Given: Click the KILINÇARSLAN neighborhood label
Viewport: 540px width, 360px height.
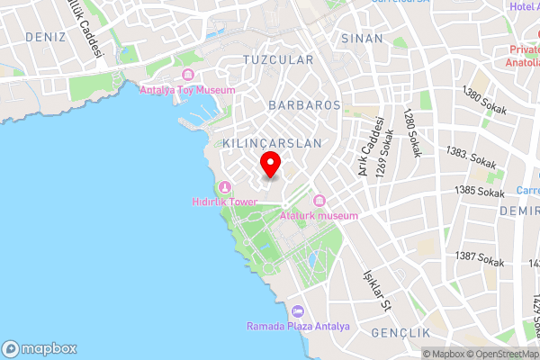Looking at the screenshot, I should (265, 143).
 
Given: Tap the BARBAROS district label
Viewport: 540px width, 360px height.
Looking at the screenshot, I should (304, 105).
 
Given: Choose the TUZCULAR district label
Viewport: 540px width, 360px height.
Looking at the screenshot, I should (277, 60).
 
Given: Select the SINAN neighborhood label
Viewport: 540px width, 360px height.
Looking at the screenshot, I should (362, 39).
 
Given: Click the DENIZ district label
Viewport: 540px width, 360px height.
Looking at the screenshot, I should (46, 37).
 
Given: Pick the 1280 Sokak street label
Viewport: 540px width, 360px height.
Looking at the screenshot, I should (411, 133).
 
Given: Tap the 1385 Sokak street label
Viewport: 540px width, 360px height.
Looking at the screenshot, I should (479, 191).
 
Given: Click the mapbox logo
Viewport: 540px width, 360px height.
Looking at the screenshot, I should (39, 348).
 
